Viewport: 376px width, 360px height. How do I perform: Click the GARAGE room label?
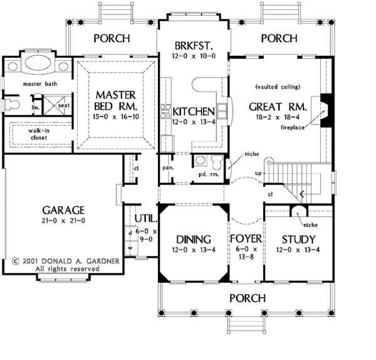tap(60, 209)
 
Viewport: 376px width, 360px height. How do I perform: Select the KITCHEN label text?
tap(194, 112)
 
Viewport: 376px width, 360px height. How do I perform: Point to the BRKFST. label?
tap(193, 45)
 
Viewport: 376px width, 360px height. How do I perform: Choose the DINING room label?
tap(193, 240)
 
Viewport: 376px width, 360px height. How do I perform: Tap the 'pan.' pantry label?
tap(168, 168)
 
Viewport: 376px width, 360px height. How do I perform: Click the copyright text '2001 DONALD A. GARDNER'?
tap(60, 259)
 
